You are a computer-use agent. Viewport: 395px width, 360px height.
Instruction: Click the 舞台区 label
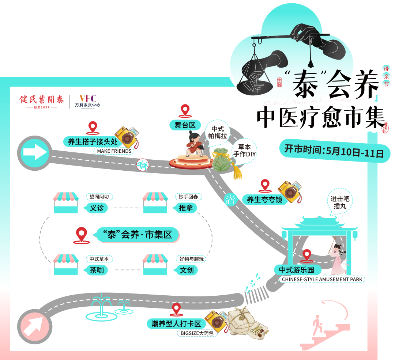(185, 125)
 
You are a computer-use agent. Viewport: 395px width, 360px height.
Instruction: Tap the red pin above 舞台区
(185, 110)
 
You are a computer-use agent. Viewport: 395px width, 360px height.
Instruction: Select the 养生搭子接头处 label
(93, 142)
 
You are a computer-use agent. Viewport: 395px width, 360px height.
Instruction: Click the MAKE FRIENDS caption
(114, 151)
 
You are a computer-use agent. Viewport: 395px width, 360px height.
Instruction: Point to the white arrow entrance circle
(35, 153)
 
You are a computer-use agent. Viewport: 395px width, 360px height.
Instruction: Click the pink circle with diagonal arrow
(35, 326)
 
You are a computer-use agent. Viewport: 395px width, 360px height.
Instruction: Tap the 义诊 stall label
(97, 208)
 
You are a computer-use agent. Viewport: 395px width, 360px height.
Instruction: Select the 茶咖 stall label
(97, 270)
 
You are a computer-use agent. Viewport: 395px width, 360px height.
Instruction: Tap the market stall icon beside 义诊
(66, 202)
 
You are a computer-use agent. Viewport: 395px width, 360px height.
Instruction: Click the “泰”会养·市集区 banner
(138, 234)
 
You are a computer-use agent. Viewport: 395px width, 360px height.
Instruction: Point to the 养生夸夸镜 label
(264, 200)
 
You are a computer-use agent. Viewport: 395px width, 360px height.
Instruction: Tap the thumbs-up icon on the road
(230, 200)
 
